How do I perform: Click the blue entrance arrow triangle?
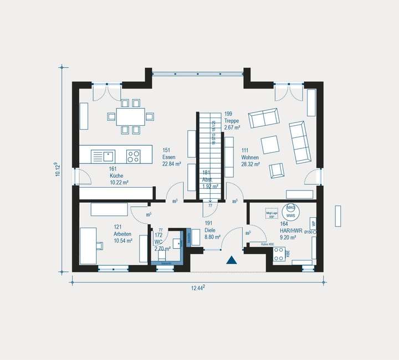231,259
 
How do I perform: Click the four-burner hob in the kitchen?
133,156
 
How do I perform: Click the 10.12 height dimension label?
57,169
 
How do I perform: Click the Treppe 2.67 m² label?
232,124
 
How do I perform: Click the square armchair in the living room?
271,144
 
